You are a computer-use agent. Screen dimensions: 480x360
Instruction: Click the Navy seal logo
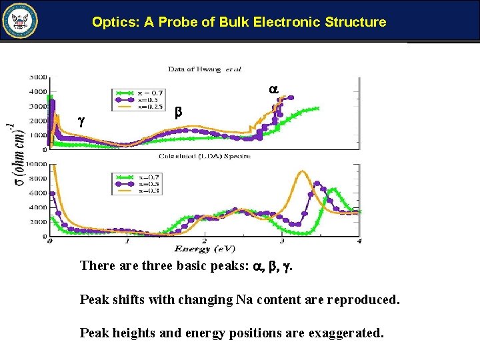21,21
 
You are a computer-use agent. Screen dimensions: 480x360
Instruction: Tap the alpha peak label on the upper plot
273,89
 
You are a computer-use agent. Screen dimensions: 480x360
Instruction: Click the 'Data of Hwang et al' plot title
205,68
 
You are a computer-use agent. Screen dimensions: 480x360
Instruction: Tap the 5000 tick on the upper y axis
37,77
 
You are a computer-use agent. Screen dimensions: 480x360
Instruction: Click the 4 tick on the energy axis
359,241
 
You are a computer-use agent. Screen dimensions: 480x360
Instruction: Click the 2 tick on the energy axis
204,241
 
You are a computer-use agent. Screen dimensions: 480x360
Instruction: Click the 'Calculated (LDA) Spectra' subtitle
204,156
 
